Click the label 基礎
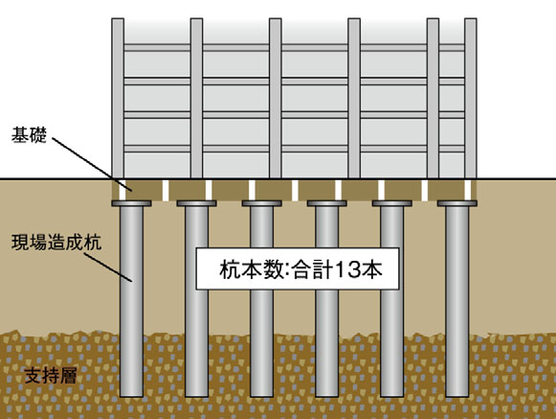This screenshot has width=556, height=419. tap(29, 135)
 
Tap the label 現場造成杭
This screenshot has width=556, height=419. tap(56, 243)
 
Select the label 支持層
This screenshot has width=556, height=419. tap(51, 376)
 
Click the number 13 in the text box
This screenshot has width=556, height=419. tap(347, 269)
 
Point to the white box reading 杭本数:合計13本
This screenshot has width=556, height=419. tap(298, 268)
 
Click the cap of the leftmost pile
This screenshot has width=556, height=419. tap(131, 203)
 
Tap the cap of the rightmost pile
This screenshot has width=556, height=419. tap(457, 203)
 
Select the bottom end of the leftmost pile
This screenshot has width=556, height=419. tap(131, 396)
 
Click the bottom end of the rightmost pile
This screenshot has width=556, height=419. tap(457, 396)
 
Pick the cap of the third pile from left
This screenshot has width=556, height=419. tap(261, 203)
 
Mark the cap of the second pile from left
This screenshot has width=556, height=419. tap(196, 203)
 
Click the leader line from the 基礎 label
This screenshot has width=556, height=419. tap(92, 165)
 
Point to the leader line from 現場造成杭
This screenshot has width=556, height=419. tap(108, 268)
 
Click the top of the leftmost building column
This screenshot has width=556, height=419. tap(118, 19)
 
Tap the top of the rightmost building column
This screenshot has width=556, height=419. tap(470, 19)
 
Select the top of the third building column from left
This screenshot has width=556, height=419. tap(276, 19)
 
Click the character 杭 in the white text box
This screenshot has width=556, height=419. tap(229, 269)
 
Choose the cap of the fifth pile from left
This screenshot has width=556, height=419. tap(391, 203)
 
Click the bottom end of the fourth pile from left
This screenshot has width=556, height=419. tap(326, 396)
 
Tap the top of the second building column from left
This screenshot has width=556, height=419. tap(196, 19)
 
